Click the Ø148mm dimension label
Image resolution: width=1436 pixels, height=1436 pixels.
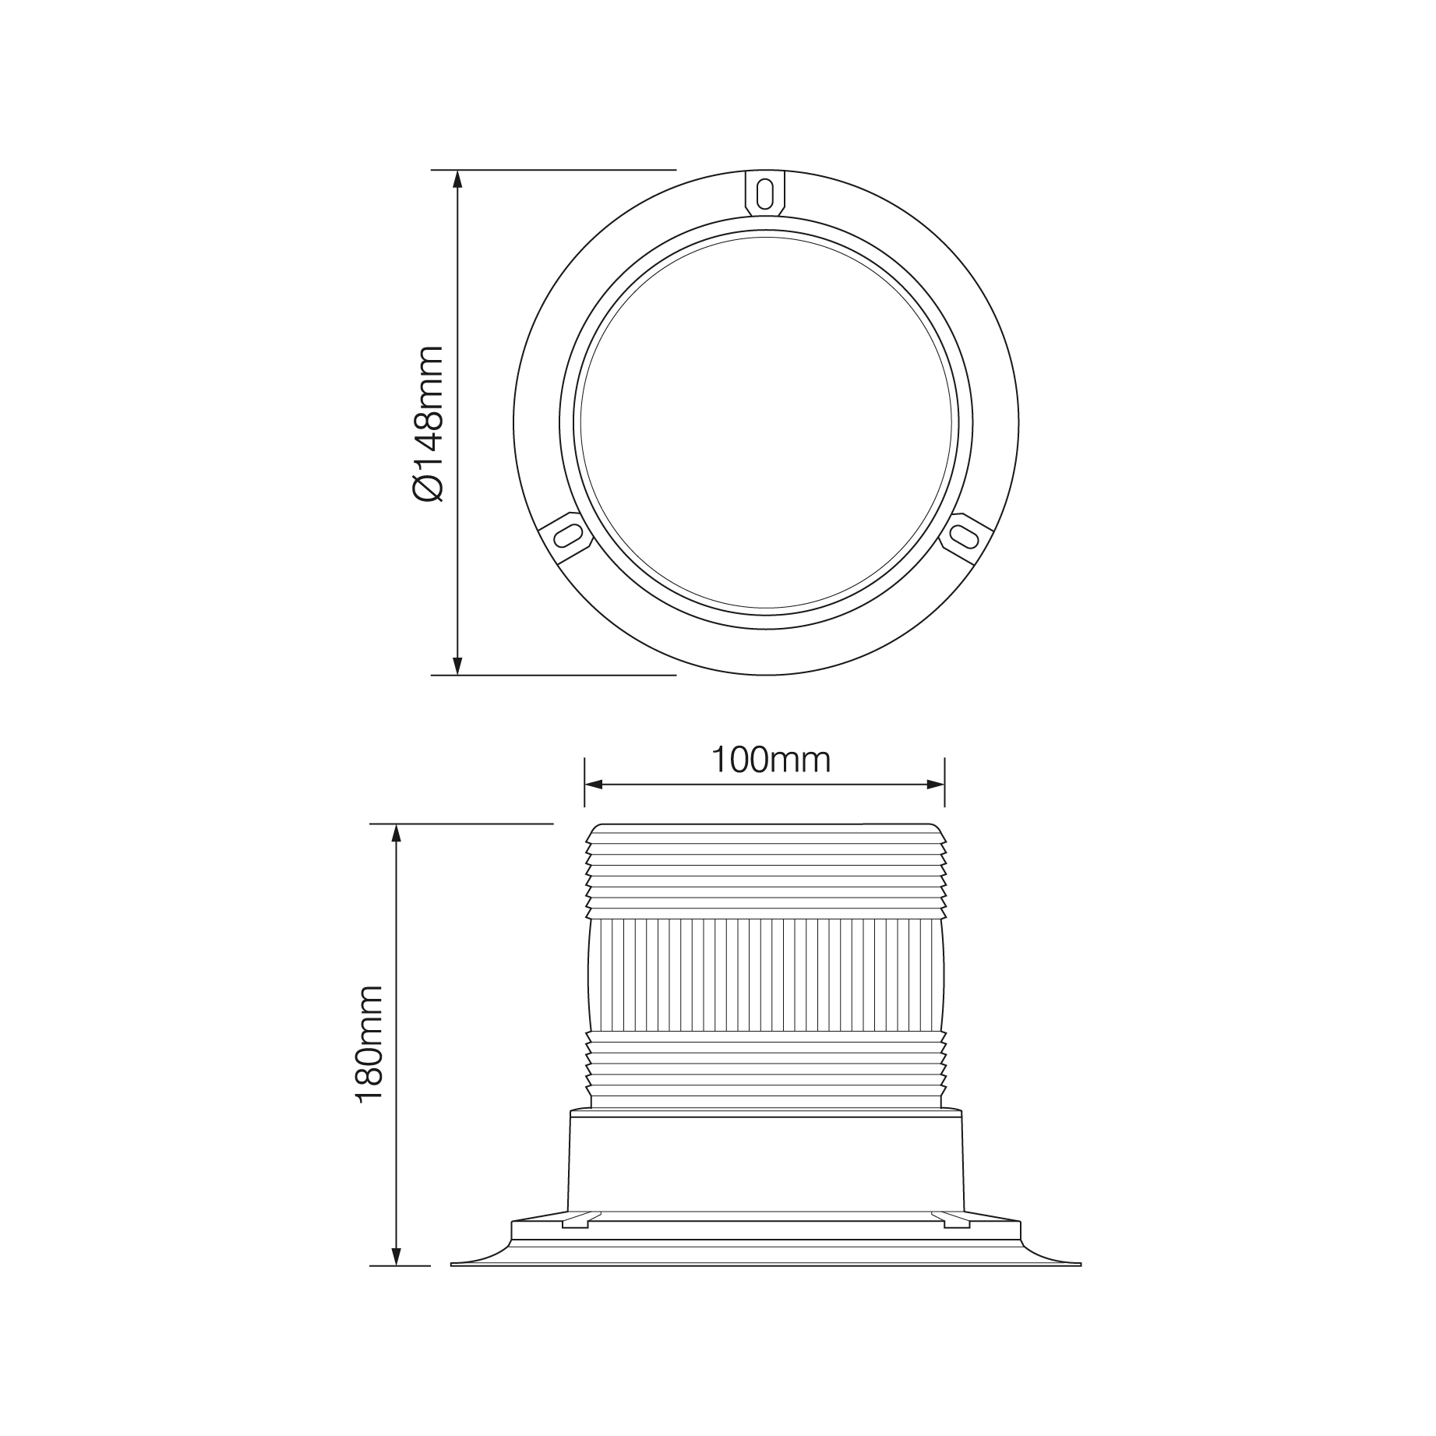(427, 423)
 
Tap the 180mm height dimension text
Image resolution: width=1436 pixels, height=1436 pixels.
(369, 1044)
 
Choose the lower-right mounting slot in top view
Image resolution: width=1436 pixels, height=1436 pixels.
(964, 536)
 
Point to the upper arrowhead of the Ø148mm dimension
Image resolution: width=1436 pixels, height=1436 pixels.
(457, 179)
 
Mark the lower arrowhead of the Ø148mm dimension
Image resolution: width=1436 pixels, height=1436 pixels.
(457, 665)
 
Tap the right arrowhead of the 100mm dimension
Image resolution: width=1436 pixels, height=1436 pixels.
(934, 784)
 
